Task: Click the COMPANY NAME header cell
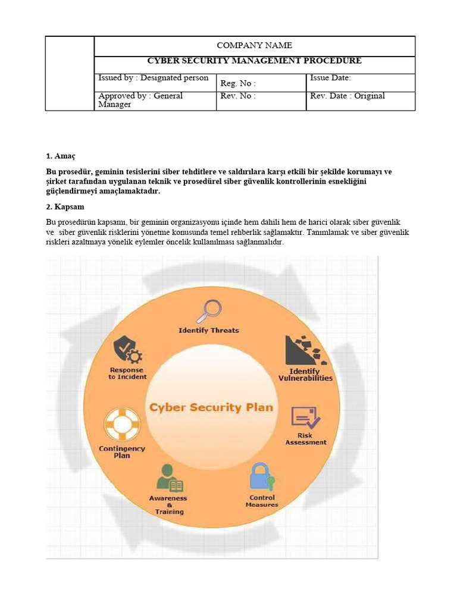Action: [x=254, y=46]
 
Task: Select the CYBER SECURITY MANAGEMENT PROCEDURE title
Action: [x=254, y=61]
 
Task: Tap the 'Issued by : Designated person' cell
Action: [x=154, y=78]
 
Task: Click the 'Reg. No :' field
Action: [x=238, y=84]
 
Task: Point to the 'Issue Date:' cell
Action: [x=330, y=78]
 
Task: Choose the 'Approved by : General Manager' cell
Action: [x=140, y=100]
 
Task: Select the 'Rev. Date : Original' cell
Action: [x=347, y=96]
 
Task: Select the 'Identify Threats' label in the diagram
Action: [x=209, y=330]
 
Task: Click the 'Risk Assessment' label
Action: [x=305, y=439]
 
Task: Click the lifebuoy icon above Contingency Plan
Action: [x=121, y=423]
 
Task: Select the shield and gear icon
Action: [x=127, y=349]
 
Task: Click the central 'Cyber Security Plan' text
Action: [x=211, y=407]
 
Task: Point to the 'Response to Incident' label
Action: [x=127, y=373]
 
